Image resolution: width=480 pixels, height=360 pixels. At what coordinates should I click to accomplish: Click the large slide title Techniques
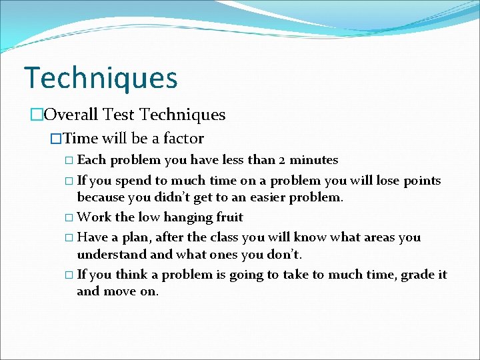point(101,77)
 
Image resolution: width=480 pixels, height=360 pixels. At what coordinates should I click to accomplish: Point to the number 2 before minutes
point(283,160)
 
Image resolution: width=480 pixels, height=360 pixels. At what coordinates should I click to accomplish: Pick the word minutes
point(314,160)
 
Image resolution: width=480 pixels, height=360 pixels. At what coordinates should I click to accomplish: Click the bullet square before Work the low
point(70,218)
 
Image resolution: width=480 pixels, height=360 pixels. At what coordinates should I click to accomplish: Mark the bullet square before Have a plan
point(70,238)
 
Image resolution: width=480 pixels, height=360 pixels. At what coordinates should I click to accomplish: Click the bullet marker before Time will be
point(56,139)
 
